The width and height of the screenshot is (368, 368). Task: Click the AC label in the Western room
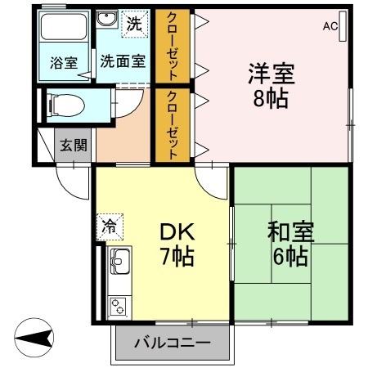click(x=330, y=26)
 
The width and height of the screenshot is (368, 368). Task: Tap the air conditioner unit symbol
click(x=343, y=26)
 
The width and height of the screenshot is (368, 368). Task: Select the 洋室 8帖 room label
click(x=271, y=86)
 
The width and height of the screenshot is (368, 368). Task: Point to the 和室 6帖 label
click(x=290, y=244)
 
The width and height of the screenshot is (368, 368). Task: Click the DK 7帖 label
click(x=177, y=244)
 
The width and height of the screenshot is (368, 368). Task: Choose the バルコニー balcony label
click(x=173, y=343)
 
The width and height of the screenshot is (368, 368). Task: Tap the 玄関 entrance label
click(x=74, y=145)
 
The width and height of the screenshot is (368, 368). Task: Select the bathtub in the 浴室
click(x=64, y=26)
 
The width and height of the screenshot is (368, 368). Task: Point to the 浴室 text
click(x=64, y=63)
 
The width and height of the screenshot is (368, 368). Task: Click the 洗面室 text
click(x=123, y=61)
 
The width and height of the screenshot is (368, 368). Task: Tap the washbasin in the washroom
click(x=107, y=19)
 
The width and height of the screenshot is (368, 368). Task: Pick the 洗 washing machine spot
click(x=135, y=24)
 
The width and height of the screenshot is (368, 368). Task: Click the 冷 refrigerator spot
click(x=110, y=227)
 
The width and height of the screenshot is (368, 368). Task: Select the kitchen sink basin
click(x=120, y=261)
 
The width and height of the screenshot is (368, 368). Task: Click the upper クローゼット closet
click(x=173, y=47)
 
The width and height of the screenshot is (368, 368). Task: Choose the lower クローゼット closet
click(x=173, y=125)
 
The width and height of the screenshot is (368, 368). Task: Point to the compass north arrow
click(x=34, y=338)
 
